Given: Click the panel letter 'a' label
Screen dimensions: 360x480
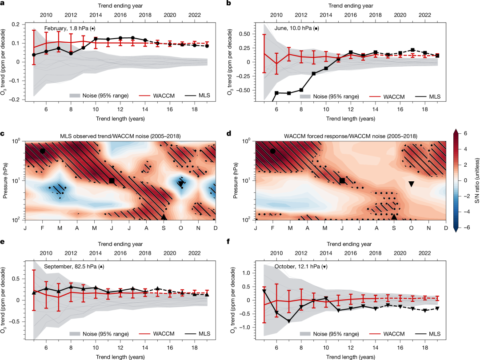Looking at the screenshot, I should tap(4, 4).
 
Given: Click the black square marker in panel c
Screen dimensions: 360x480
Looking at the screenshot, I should tap(112, 180).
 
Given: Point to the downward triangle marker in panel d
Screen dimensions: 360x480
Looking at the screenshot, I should tap(411, 184).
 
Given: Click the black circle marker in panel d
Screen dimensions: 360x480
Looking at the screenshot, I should tap(273, 151).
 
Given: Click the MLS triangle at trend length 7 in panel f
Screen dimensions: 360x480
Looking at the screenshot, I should tap(288, 321).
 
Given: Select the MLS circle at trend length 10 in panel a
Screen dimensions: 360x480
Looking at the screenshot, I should tap(95, 39).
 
